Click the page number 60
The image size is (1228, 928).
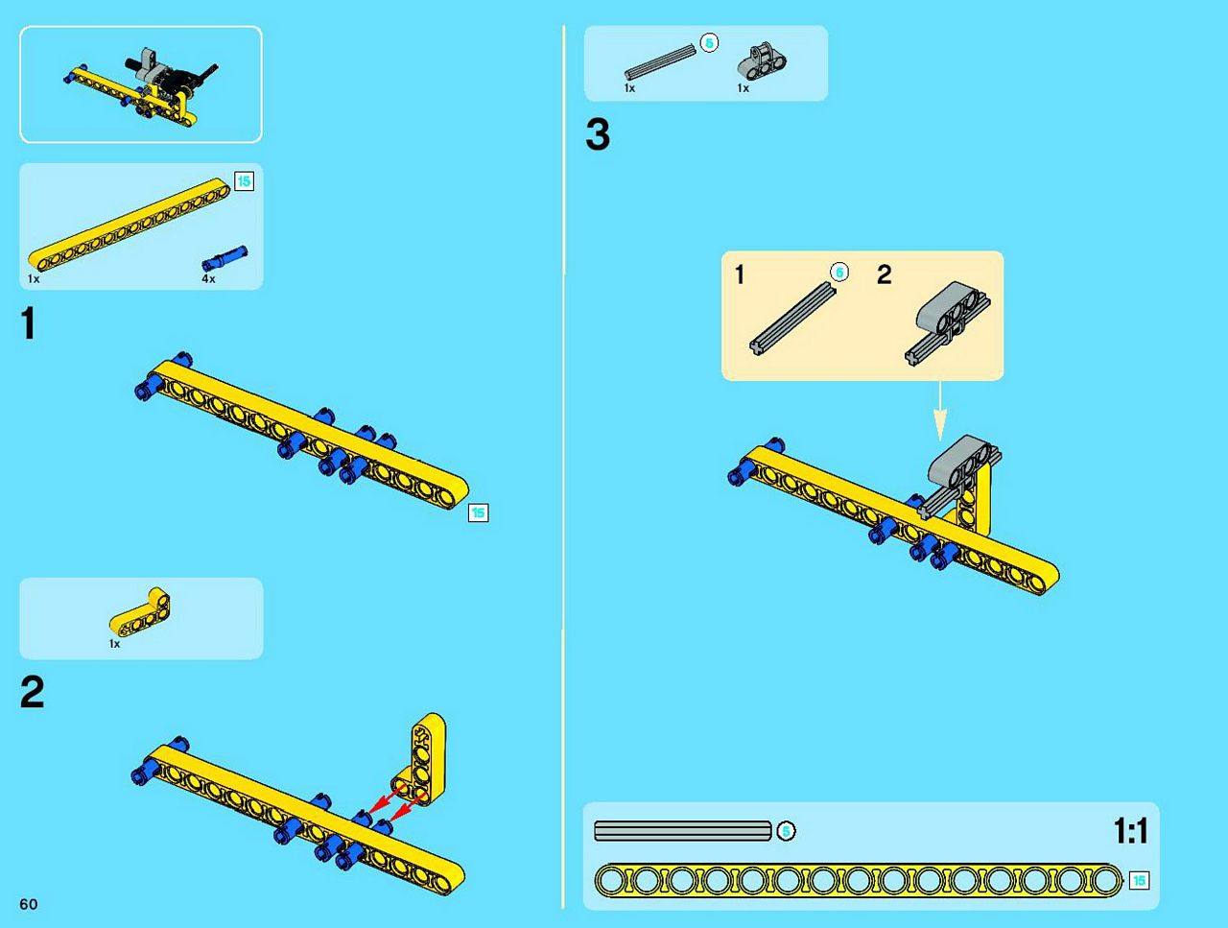(x=29, y=905)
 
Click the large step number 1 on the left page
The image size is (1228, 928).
(x=28, y=323)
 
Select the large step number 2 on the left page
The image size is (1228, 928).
(x=32, y=692)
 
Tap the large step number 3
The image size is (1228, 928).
(x=598, y=134)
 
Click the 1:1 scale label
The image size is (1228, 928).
(x=1131, y=831)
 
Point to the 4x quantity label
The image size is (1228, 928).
(x=208, y=278)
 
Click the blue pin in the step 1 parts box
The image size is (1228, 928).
(x=224, y=258)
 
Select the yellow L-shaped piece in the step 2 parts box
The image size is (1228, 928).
(x=140, y=614)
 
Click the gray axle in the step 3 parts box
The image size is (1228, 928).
(x=660, y=61)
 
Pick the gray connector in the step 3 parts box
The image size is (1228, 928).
(x=762, y=62)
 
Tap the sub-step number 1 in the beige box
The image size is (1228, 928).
(x=740, y=275)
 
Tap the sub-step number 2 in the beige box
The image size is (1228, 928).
(x=884, y=274)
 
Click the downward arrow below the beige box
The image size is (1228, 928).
(x=940, y=411)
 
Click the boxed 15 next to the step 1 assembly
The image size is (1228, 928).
(x=478, y=512)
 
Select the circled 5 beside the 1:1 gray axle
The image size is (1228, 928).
(x=786, y=831)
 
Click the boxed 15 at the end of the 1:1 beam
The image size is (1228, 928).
(x=1139, y=881)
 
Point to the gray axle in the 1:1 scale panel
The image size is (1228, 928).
(x=682, y=831)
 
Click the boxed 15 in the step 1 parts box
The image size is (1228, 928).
(x=244, y=181)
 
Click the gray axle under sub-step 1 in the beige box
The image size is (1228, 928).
(x=793, y=319)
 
